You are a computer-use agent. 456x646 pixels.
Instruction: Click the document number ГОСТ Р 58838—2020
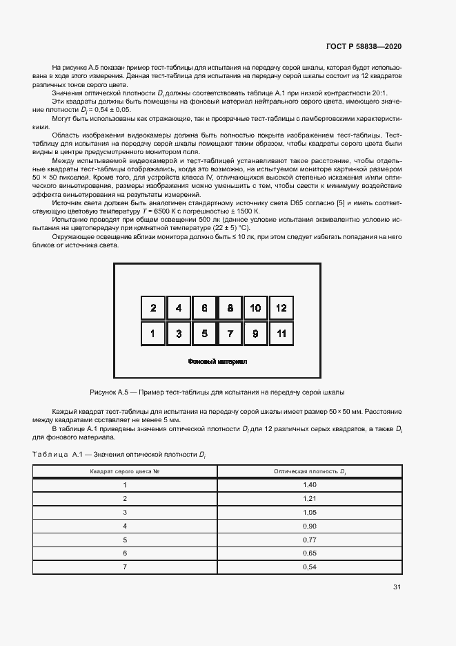coord(363,46)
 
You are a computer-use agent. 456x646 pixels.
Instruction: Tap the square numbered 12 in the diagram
coord(281,308)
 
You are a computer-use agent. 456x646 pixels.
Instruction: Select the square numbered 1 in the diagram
coord(153,334)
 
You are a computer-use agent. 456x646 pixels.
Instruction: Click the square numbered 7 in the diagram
coord(230,334)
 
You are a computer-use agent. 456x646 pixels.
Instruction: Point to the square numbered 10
coord(255,308)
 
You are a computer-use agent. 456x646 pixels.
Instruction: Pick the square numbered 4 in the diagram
coord(179,308)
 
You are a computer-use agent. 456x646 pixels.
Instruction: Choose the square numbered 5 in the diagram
coord(204,334)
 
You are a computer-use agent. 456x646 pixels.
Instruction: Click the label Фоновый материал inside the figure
coord(217,361)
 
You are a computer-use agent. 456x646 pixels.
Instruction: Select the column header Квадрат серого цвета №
coord(126,471)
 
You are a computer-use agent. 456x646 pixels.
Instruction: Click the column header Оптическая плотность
coord(309,471)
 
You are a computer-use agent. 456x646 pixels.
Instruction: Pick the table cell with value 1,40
coord(309,485)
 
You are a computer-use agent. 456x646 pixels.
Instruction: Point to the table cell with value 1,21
coord(309,499)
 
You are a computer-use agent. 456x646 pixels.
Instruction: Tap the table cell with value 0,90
coord(309,526)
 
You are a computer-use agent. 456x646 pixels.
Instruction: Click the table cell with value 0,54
coord(309,567)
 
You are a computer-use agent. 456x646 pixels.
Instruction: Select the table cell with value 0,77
coord(309,540)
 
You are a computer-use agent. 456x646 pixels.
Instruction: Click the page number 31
coord(397,587)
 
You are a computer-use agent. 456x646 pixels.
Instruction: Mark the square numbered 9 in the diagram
coord(255,334)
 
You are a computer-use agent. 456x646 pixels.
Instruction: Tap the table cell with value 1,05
coord(309,513)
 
